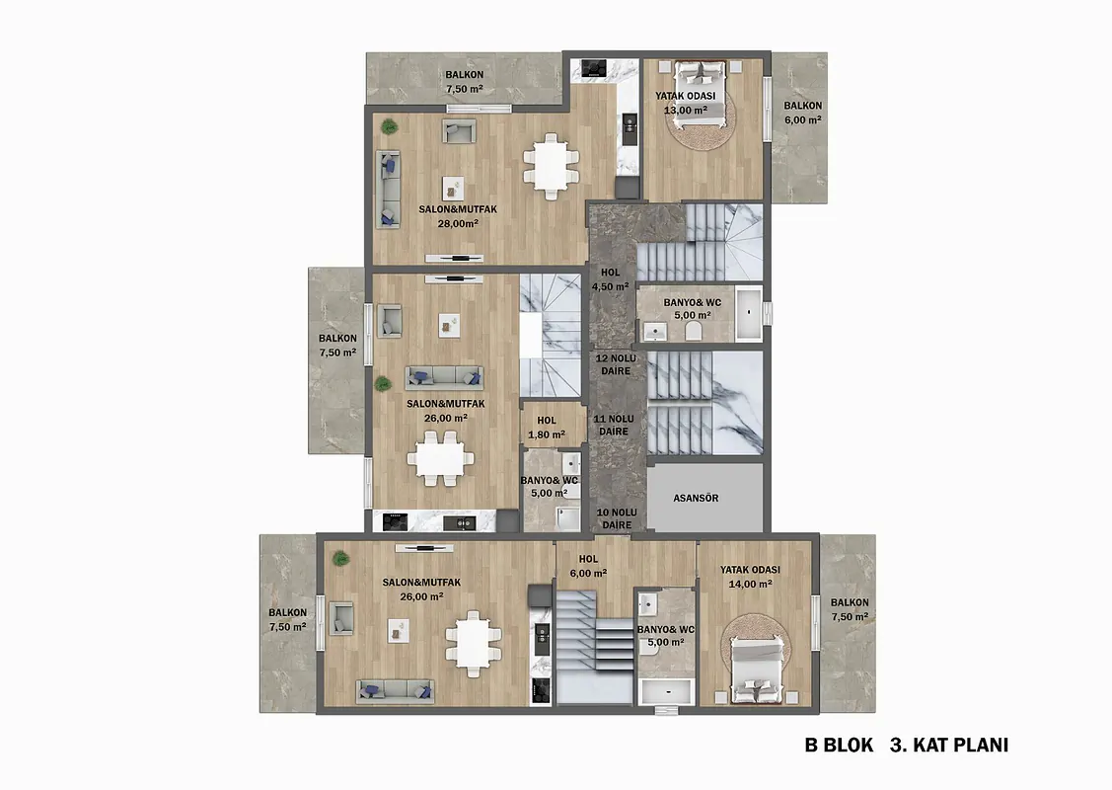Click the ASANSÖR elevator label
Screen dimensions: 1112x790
pos(696,499)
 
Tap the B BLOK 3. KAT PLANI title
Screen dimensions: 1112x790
pos(907,746)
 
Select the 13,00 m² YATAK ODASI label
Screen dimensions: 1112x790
pos(685,103)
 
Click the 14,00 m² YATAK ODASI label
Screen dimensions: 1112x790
pos(750,577)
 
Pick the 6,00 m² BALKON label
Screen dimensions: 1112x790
pos(803,113)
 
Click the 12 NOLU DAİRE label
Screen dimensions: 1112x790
pos(616,364)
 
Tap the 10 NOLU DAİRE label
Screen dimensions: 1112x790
pos(617,518)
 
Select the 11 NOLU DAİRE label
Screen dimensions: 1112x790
pos(614,426)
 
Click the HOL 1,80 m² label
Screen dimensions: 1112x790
pos(546,428)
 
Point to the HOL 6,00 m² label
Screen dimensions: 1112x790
pos(588,566)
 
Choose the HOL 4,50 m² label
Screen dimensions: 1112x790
pos(610,279)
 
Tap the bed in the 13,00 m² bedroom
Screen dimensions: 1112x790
pos(700,95)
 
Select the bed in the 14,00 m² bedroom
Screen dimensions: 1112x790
pos(757,669)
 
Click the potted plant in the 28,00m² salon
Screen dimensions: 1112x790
pos(389,127)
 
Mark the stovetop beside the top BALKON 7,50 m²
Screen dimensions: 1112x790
pos(593,68)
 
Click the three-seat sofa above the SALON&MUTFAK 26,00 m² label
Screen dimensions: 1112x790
pos(445,377)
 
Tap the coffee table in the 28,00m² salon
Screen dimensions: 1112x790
pos(453,188)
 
